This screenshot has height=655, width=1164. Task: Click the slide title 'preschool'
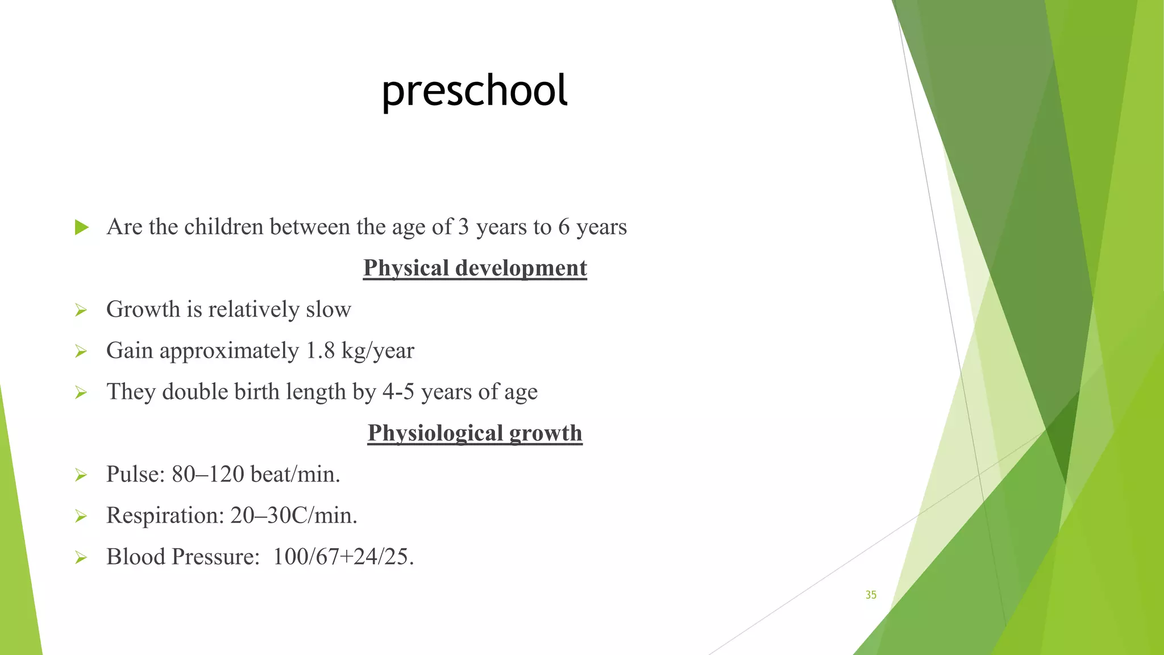coord(475,91)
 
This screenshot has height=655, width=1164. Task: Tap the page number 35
coord(871,595)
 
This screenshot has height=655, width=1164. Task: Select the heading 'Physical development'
coord(475,268)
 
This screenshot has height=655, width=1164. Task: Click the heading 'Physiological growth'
coord(475,433)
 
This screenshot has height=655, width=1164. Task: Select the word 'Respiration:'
coord(165,516)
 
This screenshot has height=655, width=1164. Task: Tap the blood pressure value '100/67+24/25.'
coord(343,557)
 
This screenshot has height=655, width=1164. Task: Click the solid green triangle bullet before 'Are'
coord(82,227)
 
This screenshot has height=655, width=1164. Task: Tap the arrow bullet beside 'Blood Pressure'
coord(81,558)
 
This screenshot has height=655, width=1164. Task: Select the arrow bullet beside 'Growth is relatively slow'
coord(81,310)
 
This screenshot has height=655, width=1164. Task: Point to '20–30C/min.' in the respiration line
coord(294,516)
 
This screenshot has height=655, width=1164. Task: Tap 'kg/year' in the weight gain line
coord(377,351)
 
